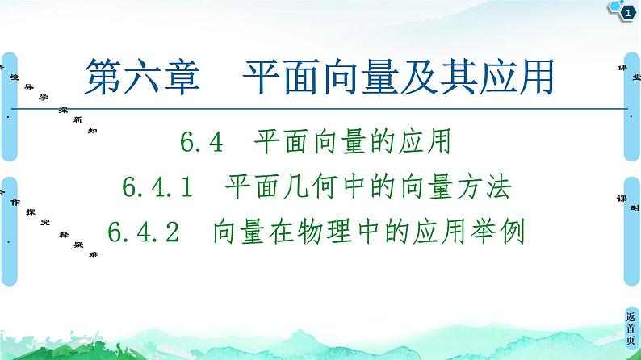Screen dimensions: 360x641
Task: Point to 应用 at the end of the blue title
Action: tap(524, 79)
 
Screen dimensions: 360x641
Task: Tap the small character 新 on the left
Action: tap(78, 119)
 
